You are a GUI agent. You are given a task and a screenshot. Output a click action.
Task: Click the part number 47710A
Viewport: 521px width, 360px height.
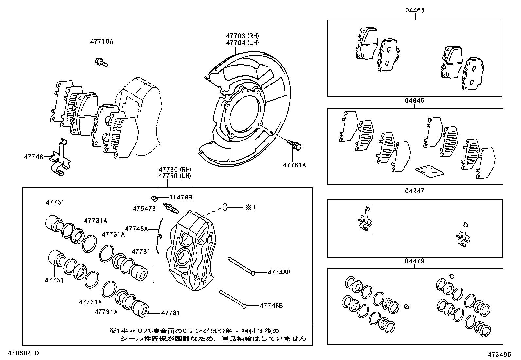(102, 42)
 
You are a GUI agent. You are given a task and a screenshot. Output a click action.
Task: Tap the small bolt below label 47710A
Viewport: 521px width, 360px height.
(101, 62)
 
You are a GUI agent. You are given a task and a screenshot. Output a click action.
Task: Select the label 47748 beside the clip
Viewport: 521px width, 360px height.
(33, 157)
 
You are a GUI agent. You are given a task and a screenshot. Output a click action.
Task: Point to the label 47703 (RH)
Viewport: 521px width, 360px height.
(242, 36)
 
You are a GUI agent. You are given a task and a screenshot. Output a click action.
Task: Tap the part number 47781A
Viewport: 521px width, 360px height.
(294, 165)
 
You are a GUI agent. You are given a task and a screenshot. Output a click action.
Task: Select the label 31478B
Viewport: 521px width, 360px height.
(181, 198)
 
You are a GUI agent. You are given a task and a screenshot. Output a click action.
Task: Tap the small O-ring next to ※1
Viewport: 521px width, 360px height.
(225, 207)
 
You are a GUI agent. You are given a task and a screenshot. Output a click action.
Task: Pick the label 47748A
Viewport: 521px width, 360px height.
(136, 228)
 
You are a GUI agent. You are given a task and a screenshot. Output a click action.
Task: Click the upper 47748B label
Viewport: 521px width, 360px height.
(279, 272)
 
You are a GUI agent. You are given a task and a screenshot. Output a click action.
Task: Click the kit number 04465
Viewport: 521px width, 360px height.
(415, 10)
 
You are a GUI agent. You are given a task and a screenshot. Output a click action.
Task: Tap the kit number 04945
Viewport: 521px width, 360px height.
(415, 101)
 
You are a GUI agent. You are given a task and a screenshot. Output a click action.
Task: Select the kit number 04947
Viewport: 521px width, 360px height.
(415, 191)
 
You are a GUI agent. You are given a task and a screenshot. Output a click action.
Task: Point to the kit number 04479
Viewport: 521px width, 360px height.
(415, 261)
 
